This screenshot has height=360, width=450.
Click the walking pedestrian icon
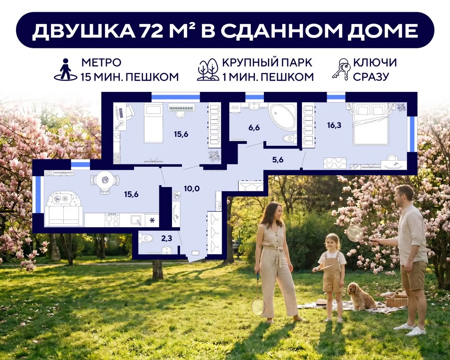coord(66,69)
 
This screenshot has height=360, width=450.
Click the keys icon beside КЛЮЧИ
coord(341,69)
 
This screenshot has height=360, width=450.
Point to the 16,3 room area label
coord(334,125)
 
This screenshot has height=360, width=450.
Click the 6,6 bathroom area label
coord(254,127)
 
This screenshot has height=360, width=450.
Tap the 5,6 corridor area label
coord(277,160)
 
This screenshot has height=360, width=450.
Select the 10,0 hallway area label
coord(192,188)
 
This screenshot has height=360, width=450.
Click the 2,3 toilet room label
coord(166,238)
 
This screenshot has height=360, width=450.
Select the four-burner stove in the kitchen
coord(112,220)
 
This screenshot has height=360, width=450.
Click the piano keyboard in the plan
coord(182,107)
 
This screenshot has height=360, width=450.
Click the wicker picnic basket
coord(397,299)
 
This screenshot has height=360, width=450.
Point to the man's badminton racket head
coord(355,233)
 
